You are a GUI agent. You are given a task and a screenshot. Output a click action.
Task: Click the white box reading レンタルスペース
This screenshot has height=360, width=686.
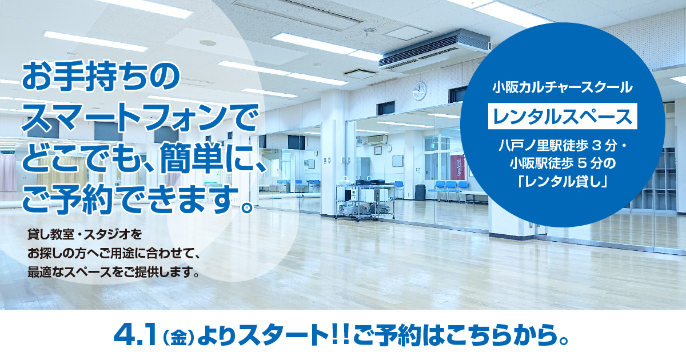(563, 117)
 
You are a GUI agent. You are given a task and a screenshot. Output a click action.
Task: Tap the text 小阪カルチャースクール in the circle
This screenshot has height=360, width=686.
(563, 87)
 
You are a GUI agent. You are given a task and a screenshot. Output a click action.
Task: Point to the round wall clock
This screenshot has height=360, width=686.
(419, 91)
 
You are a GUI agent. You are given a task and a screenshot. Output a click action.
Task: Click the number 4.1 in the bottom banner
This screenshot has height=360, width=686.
(135, 336)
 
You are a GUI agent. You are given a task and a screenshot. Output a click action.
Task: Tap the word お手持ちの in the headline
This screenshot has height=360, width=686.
(101, 77)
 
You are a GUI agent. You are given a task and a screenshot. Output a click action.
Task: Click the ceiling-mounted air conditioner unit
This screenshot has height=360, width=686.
(435, 50)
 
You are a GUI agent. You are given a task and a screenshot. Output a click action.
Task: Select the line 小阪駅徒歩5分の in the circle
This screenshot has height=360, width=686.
(563, 164)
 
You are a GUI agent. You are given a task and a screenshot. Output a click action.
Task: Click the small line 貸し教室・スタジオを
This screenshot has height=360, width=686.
(85, 234)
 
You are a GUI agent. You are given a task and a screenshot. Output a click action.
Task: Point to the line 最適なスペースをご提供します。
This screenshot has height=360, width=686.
(114, 272)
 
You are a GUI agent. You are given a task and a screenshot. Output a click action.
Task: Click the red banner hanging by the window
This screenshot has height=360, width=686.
(457, 167)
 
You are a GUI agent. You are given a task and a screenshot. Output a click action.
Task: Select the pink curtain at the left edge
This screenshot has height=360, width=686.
(7, 173)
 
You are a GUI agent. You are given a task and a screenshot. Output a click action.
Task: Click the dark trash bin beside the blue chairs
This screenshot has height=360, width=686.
(420, 192)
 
